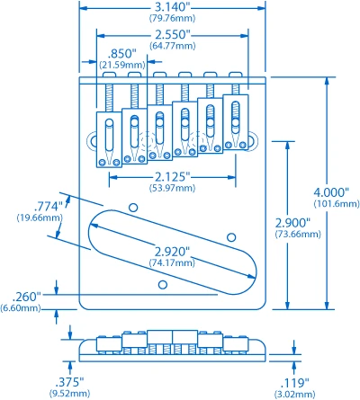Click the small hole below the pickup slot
[163, 284]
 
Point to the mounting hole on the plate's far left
[92, 141]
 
